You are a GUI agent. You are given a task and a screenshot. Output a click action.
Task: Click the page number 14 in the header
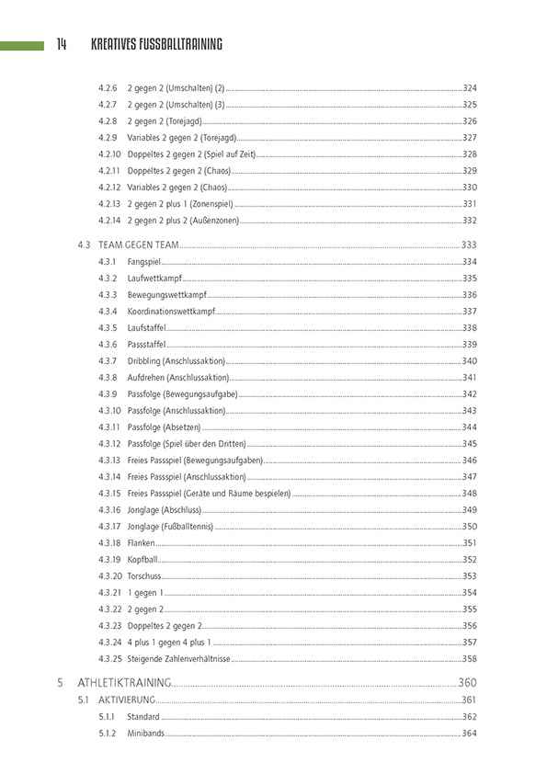coord(61,44)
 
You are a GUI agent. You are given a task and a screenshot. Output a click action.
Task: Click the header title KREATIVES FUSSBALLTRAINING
coord(156,44)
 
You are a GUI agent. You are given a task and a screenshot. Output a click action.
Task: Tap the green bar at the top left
coord(22,45)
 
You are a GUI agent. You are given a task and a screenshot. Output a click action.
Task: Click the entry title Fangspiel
coord(145,262)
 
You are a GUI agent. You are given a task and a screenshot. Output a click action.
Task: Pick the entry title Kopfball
coord(143,560)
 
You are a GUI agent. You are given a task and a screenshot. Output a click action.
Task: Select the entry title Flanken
coord(142,543)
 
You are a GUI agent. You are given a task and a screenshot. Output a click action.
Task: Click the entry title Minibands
coord(146,733)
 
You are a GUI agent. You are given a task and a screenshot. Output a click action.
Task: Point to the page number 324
coord(469,87)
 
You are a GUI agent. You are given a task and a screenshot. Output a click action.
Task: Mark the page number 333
coord(469,245)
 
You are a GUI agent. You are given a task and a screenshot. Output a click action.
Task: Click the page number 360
coord(467,683)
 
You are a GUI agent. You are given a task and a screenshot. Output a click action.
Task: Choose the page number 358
coord(469,659)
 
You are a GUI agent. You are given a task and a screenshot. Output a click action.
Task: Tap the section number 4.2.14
coord(109,221)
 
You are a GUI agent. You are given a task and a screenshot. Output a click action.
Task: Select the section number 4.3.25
coord(109,659)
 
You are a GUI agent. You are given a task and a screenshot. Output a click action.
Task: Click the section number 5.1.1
coord(108,717)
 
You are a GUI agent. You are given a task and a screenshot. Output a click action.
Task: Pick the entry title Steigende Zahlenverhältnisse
coord(179,659)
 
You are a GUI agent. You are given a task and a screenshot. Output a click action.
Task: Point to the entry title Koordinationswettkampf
coord(171,312)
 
